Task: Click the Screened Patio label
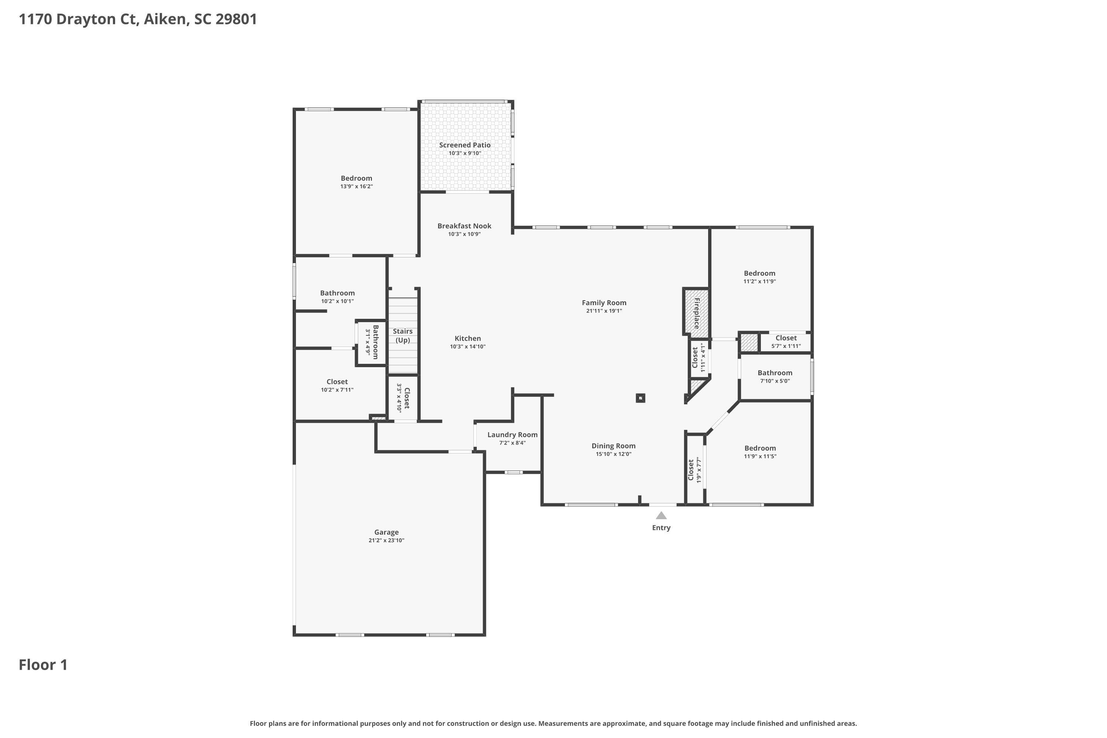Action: point(465,145)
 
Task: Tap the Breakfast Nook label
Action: point(464,226)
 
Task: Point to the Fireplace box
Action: point(696,311)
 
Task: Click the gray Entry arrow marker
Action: point(661,515)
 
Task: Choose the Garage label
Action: point(386,532)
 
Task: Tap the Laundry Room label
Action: point(512,435)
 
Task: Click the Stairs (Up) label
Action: point(403,335)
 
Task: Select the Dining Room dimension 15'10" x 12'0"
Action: point(613,454)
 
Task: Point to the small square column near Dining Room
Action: point(640,398)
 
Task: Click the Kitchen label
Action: point(468,338)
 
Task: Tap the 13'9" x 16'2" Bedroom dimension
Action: point(356,186)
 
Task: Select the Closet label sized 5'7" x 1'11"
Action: point(786,338)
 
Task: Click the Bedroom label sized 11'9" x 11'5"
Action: point(760,448)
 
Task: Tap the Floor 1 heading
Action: point(43,665)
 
